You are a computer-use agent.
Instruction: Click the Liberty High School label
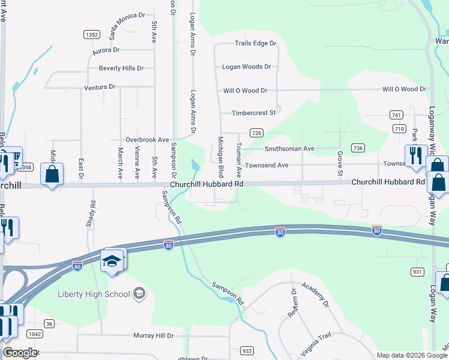[x=94, y=294]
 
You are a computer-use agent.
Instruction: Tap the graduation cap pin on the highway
[x=113, y=261]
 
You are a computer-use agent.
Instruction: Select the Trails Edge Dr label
[x=255, y=43]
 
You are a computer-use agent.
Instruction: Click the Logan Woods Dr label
[x=247, y=67]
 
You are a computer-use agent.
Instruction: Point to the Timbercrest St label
[x=253, y=112]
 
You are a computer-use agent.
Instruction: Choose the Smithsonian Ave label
[x=289, y=148]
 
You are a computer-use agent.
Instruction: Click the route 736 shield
[x=358, y=148]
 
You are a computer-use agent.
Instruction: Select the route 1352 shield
[x=92, y=35]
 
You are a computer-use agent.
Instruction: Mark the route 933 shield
[x=246, y=350]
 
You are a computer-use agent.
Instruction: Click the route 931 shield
[x=417, y=272]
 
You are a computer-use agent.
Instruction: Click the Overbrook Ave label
[x=147, y=139]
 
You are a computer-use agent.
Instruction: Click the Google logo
[x=20, y=353]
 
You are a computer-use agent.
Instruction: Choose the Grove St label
[x=339, y=164]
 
